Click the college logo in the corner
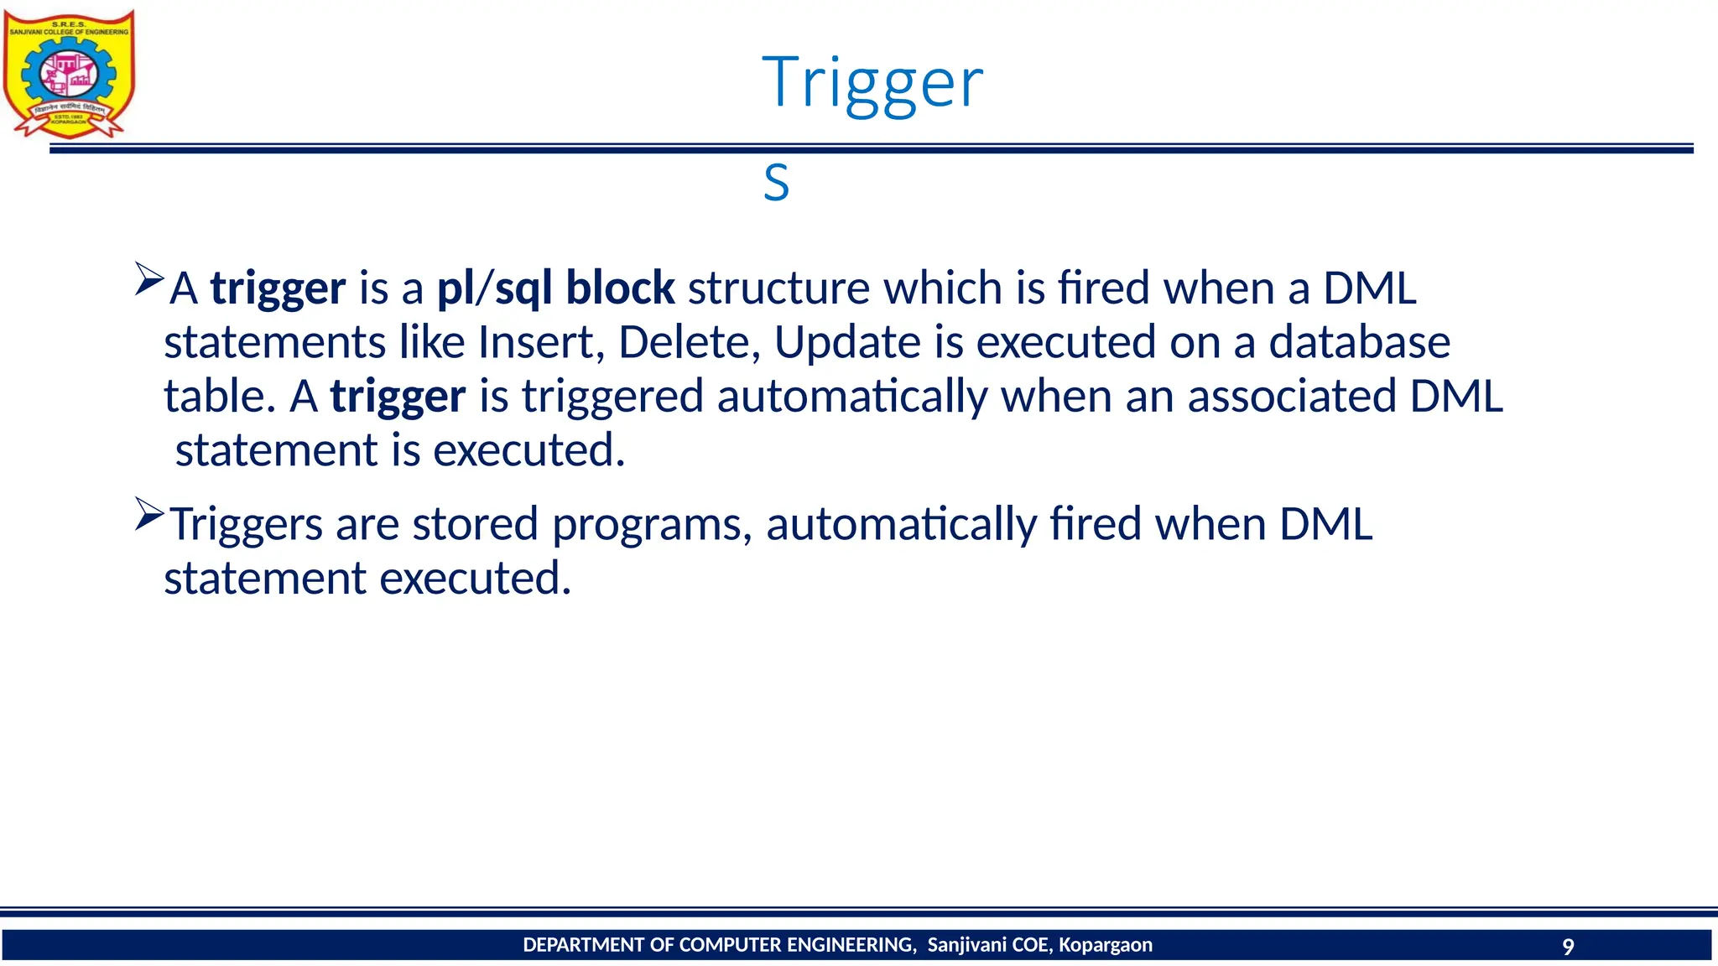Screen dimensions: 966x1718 click(69, 74)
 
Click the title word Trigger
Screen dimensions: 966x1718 click(872, 82)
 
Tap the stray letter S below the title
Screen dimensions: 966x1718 click(776, 183)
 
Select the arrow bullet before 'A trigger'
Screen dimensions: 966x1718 click(148, 278)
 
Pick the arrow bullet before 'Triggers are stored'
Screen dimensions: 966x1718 click(148, 514)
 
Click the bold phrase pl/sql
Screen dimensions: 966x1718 click(494, 288)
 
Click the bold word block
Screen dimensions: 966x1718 click(620, 288)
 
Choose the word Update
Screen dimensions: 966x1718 click(847, 342)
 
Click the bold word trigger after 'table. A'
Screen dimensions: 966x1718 click(398, 397)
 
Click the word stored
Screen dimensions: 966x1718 click(475, 524)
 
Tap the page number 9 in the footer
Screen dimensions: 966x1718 click(1567, 947)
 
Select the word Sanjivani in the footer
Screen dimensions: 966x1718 click(967, 945)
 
